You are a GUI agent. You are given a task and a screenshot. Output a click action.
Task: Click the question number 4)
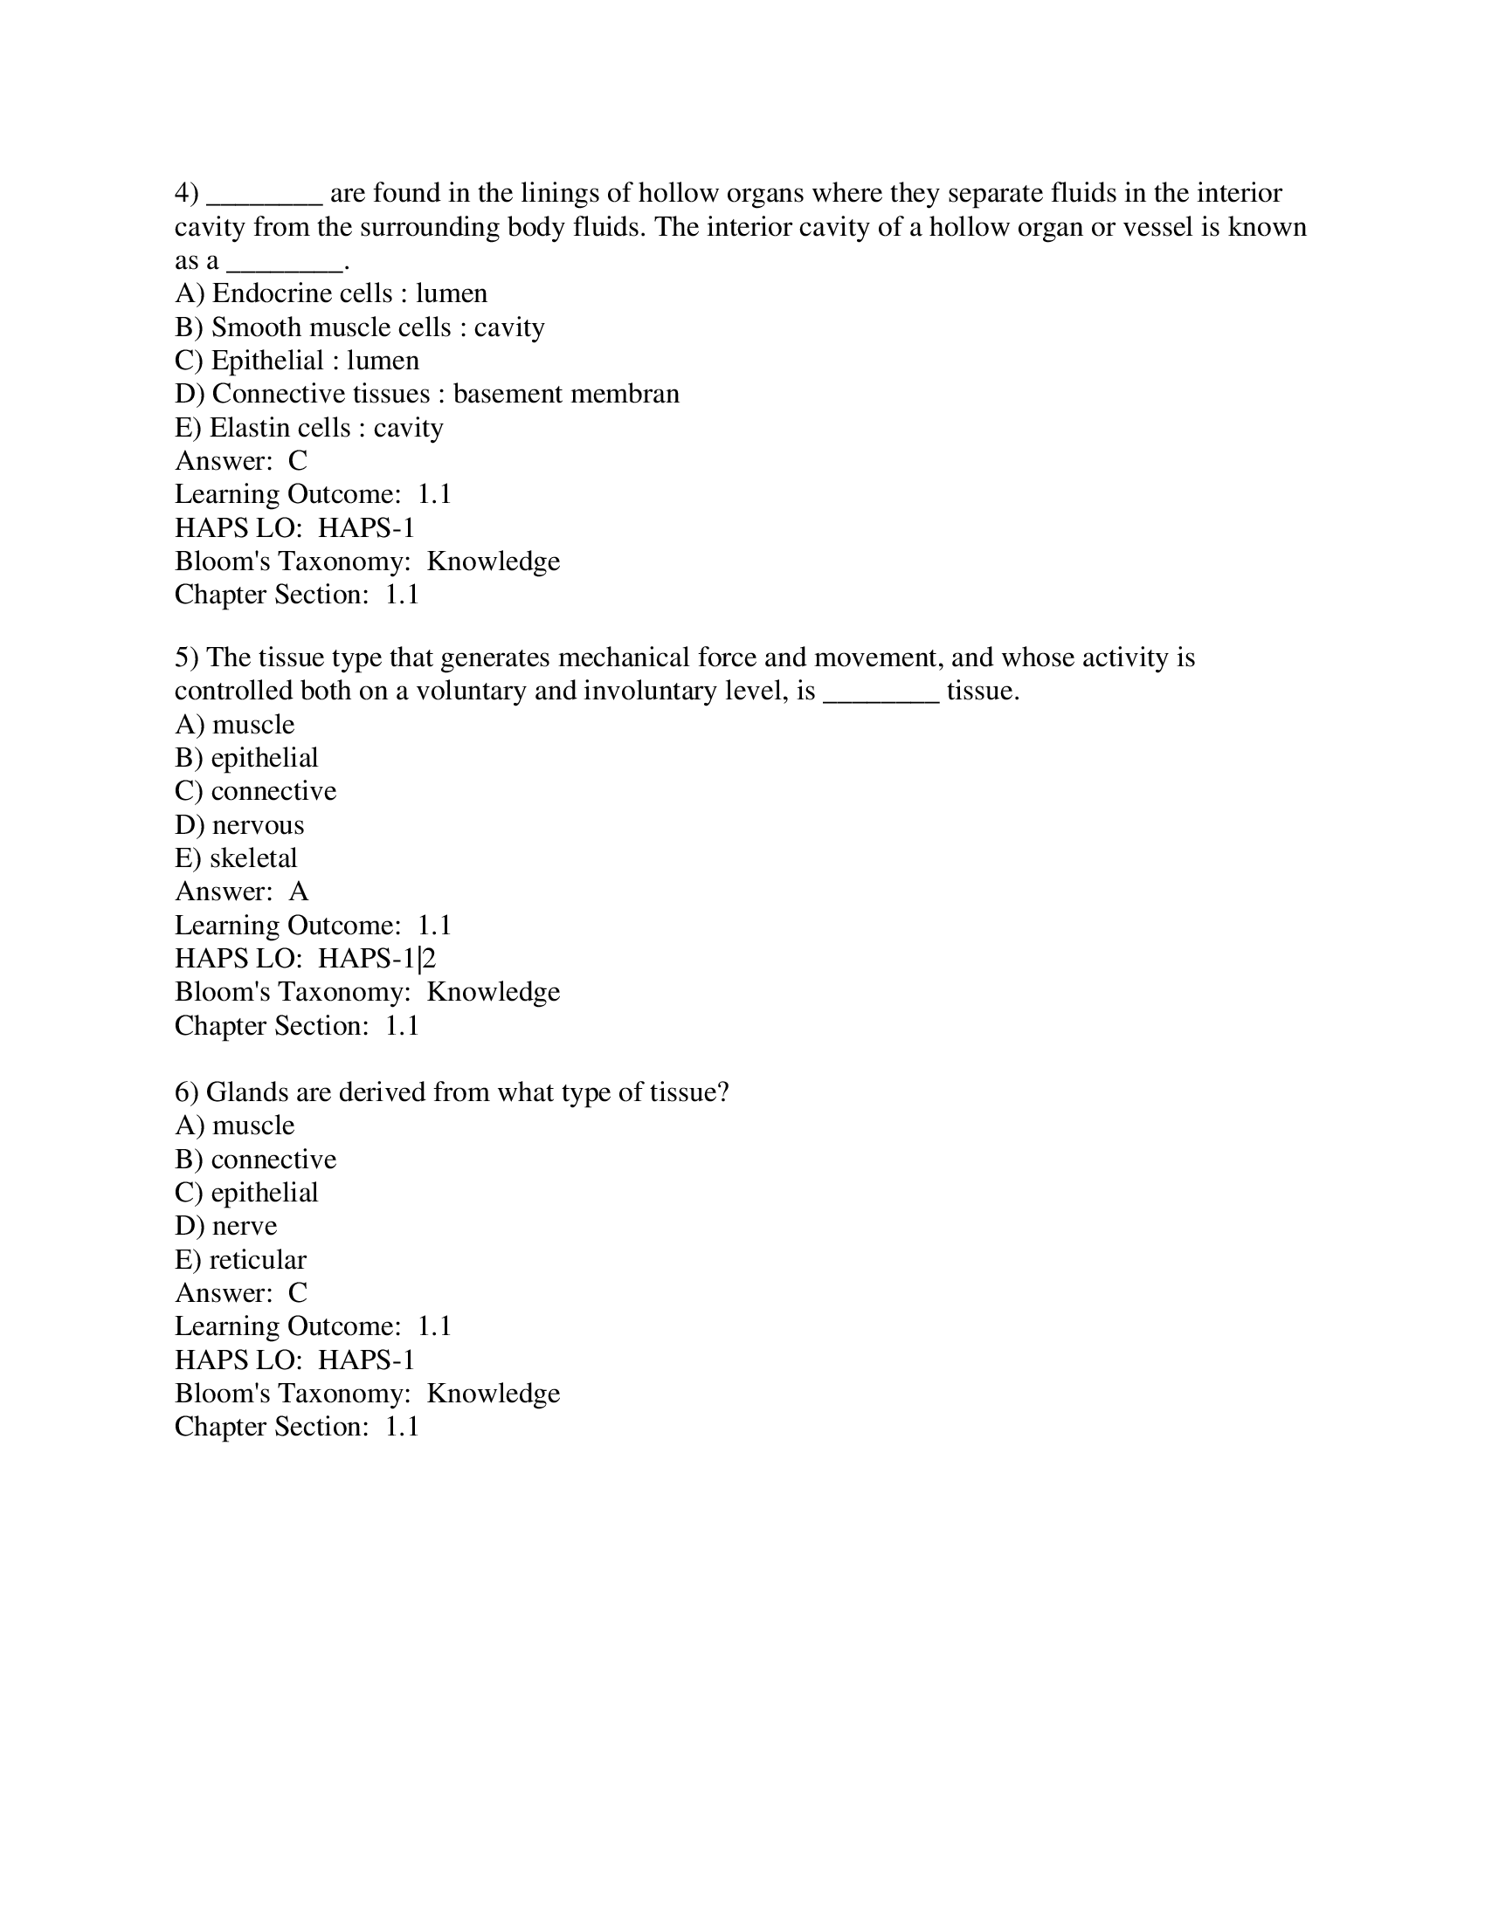point(187,194)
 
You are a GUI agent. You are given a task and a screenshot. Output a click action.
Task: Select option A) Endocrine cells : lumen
point(331,293)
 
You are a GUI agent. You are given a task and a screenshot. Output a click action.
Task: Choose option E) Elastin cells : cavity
point(308,428)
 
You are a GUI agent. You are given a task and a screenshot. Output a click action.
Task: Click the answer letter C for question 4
point(298,461)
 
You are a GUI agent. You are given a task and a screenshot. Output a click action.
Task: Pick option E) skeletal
point(236,858)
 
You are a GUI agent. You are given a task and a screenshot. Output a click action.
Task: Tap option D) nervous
point(239,825)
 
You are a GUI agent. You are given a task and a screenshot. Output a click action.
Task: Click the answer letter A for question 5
point(299,892)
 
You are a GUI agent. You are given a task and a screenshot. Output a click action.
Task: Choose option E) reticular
point(240,1259)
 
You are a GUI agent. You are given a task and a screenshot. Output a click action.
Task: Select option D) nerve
point(226,1226)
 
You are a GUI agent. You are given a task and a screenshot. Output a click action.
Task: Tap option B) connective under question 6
point(255,1160)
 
